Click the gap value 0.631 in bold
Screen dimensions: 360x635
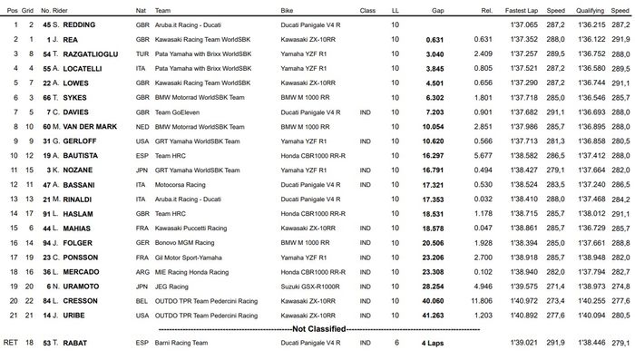tap(435, 40)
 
